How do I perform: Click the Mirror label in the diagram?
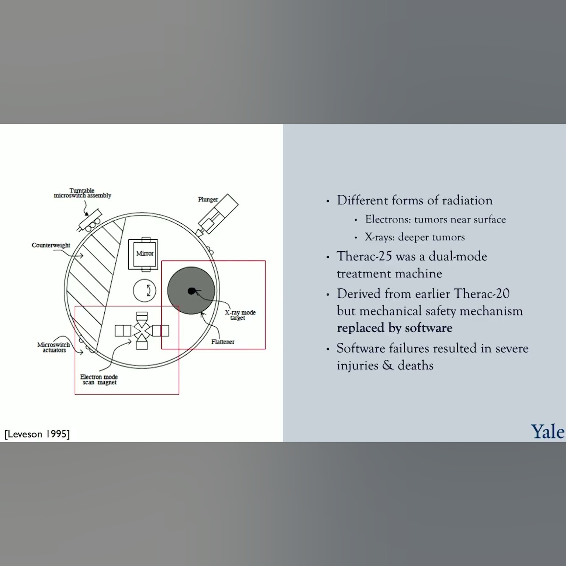145,253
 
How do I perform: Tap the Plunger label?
208,199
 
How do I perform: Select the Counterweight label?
51,245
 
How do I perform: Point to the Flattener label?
223,342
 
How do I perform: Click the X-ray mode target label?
240,315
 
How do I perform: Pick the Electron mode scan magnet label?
99,379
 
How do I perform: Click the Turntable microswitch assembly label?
82,193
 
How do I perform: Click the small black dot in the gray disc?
191,291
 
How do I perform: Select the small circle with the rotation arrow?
145,291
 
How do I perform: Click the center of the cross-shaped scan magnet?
142,331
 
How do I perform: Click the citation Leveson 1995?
37,434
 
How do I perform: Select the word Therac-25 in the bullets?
364,256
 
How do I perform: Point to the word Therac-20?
482,294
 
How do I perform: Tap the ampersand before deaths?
388,365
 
